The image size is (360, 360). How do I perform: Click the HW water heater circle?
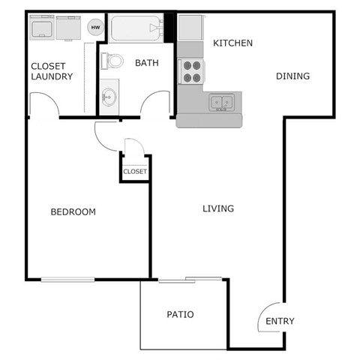click(x=95, y=28)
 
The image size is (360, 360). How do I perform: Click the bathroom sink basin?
click(x=109, y=96)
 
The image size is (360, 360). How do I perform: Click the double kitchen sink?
click(x=221, y=100)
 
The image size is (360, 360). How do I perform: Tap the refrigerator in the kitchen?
click(x=190, y=28)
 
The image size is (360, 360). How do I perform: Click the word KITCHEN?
click(x=233, y=43)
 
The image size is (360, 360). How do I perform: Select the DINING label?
click(x=293, y=76)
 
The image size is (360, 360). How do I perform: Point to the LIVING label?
click(x=218, y=208)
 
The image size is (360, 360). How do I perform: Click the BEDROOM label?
click(x=73, y=211)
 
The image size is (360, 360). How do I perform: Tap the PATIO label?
click(x=180, y=314)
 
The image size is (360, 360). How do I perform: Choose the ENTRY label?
click(x=280, y=321)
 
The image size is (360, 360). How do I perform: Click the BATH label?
click(x=147, y=63)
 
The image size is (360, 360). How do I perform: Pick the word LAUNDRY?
click(x=52, y=76)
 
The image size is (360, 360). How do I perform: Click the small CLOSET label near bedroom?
click(x=135, y=172)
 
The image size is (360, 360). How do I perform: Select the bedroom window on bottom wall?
click(x=67, y=280)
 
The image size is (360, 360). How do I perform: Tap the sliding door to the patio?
click(x=190, y=280)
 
